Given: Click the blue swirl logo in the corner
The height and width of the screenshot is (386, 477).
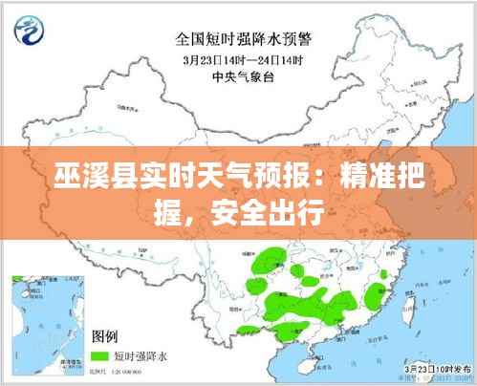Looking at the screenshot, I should tap(29, 31).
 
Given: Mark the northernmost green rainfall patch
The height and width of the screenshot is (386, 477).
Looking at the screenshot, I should tap(271, 256).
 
